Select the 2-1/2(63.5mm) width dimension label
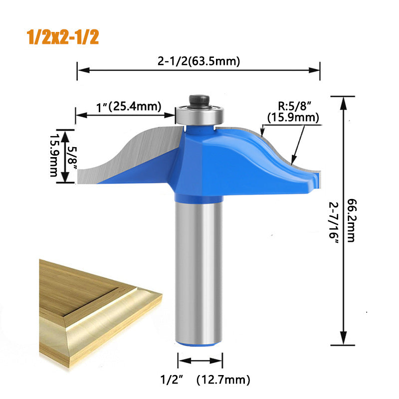click(x=199, y=62)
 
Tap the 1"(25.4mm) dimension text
click(x=129, y=106)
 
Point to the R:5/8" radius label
click(x=294, y=106)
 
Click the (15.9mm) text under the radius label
click(x=293, y=117)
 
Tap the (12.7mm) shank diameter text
click(x=223, y=380)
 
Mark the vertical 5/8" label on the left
click(x=73, y=157)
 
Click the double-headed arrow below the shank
click(x=200, y=362)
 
